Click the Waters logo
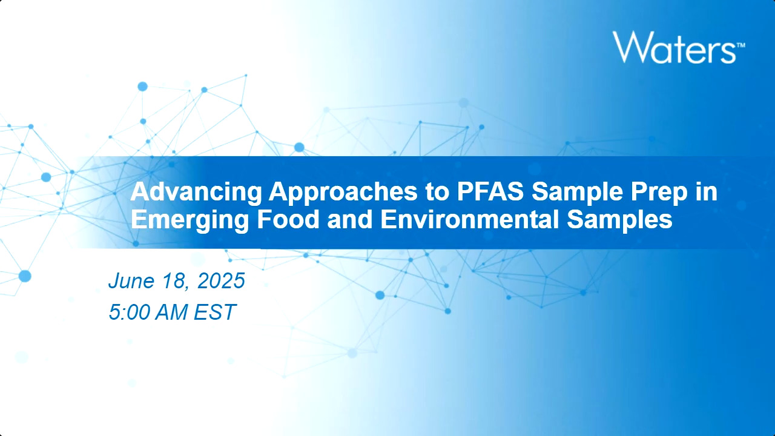[679, 47]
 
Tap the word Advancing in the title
[196, 192]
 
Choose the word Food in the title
[288, 219]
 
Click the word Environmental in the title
[470, 219]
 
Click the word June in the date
[131, 280]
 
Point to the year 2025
[221, 280]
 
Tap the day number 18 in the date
[176, 281]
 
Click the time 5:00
[129, 312]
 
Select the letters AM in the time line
[171, 312]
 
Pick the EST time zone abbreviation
[215, 312]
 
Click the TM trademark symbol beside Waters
[740, 45]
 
